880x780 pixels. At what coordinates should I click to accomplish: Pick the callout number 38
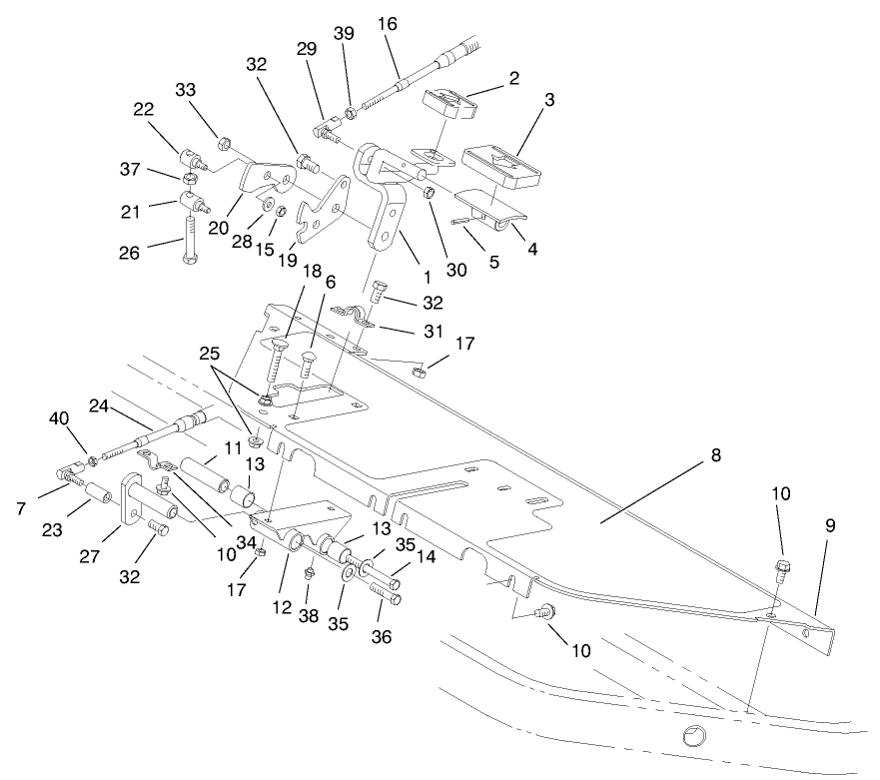coord(310,616)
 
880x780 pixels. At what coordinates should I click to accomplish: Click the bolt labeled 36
coord(388,596)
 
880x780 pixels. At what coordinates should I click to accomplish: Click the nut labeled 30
coord(429,193)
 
